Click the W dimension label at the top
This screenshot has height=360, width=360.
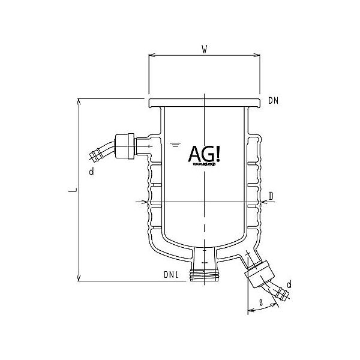[205, 50]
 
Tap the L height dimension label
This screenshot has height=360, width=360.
[71, 190]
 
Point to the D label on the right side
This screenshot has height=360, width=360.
[272, 196]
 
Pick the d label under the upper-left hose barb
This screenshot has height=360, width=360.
[91, 173]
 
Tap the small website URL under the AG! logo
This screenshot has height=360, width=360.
[204, 168]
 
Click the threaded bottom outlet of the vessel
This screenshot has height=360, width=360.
[204, 276]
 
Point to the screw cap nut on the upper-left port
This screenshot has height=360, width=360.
[125, 145]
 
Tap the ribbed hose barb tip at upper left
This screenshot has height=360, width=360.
[96, 157]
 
